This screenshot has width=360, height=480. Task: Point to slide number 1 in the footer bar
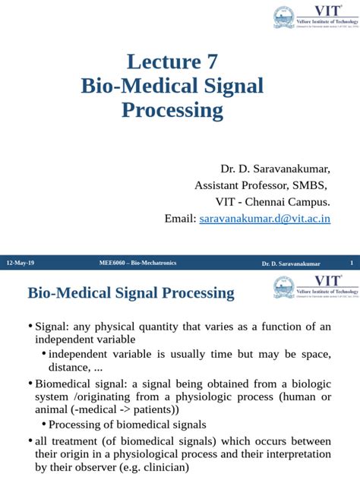[x=352, y=263]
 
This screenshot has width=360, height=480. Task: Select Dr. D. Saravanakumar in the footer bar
[x=291, y=264]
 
